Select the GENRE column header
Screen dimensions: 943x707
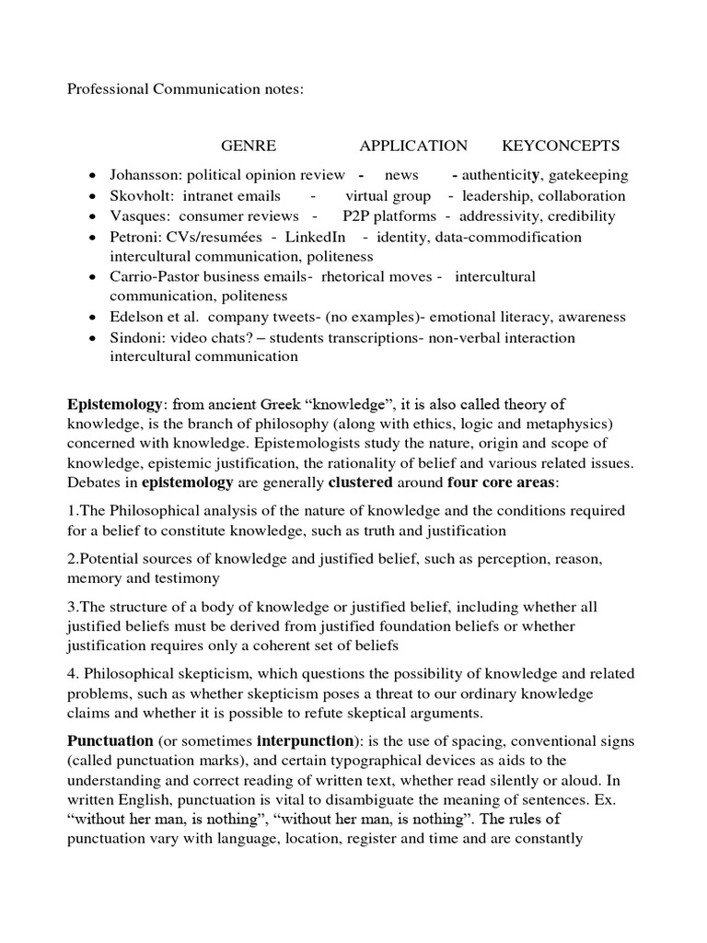tap(248, 146)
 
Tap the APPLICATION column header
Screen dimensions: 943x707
tap(413, 146)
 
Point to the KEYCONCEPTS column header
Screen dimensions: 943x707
tap(561, 146)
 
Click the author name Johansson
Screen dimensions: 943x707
tap(144, 175)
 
